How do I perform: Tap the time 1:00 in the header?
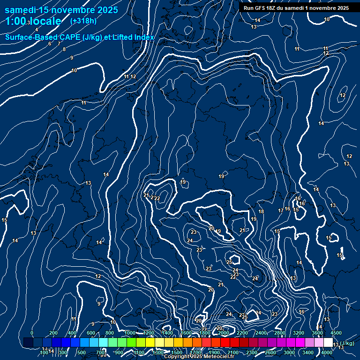(15, 21)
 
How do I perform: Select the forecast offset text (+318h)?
(83, 21)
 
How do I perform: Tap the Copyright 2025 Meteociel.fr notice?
(199, 357)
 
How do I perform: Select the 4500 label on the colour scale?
(336, 333)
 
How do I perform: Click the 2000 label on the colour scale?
(224, 333)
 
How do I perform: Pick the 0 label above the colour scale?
(32, 333)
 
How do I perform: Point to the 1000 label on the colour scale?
(130, 333)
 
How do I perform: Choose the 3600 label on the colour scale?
(317, 333)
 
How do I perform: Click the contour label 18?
(261, 212)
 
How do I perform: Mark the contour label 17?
(281, 210)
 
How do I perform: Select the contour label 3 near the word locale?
(28, 22)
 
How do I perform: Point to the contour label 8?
(64, 49)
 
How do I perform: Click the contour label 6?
(50, 44)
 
